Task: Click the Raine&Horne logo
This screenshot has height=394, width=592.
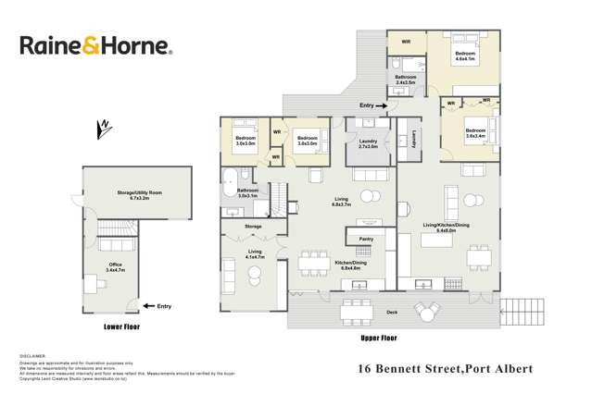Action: (x=96, y=46)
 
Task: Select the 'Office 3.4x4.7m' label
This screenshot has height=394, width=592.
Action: (x=116, y=266)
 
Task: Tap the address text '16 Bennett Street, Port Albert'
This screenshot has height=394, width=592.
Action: (x=446, y=368)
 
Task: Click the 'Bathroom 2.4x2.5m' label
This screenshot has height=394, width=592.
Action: (x=407, y=80)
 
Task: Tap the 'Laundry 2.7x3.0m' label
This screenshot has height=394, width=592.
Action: (x=367, y=144)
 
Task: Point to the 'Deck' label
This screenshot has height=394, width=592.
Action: (x=391, y=313)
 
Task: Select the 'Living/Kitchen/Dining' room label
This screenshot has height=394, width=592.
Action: (x=444, y=228)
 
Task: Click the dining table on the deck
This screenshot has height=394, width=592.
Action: (x=355, y=312)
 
